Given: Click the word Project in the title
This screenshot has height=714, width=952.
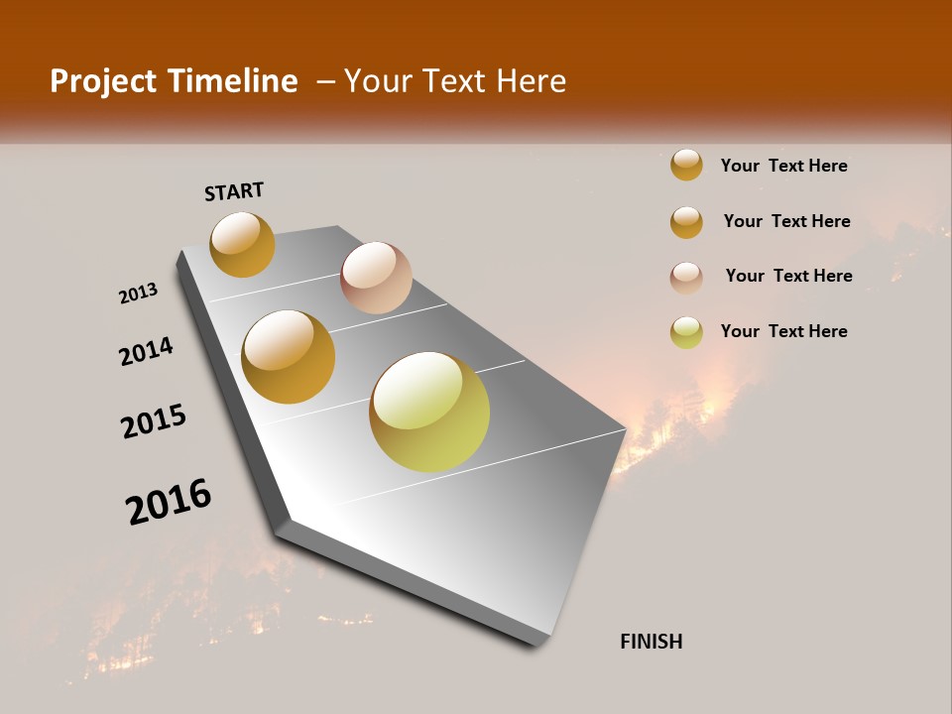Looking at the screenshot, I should (103, 81).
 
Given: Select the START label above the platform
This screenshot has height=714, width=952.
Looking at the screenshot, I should (234, 191).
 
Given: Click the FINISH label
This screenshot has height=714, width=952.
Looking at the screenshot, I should (652, 642).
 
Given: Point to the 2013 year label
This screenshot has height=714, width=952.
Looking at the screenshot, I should (138, 294).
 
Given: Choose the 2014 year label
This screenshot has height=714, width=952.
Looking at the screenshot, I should (147, 351).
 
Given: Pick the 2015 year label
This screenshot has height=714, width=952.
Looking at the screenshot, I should (154, 421).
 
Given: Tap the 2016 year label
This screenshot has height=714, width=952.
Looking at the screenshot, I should (169, 502).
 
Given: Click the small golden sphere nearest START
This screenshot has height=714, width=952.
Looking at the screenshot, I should (242, 244).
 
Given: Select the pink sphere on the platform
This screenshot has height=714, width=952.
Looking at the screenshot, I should (376, 278).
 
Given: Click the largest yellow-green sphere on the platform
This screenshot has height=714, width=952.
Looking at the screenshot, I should (429, 412).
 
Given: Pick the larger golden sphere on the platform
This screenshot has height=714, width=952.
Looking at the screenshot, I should (289, 357).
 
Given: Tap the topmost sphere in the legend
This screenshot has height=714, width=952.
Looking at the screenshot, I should (686, 165).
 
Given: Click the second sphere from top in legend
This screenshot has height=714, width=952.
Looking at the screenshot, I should (686, 222).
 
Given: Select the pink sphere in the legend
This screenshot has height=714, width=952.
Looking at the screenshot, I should (686, 278).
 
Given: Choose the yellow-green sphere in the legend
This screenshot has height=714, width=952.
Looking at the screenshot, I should (686, 332).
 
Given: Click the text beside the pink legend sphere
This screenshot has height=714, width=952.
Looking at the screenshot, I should (788, 276).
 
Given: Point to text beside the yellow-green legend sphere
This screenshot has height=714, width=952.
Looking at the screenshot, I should (783, 331).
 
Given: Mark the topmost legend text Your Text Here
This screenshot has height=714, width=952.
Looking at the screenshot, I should (783, 166).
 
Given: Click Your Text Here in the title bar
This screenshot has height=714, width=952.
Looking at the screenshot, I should (455, 81).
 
